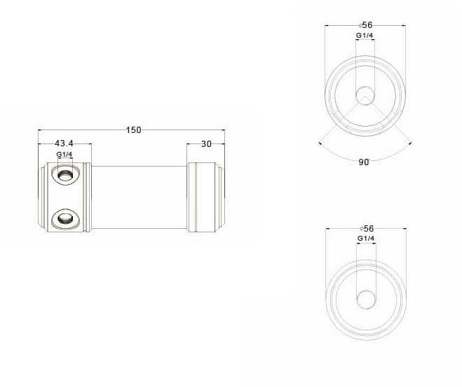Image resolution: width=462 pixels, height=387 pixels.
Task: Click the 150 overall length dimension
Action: point(133,130)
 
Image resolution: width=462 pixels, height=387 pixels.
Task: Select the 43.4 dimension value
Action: point(64,143)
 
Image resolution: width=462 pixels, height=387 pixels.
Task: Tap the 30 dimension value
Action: point(206,144)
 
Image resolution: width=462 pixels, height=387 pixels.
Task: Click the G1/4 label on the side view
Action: point(64,155)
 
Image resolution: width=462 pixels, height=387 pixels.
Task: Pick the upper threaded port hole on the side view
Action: point(65,175)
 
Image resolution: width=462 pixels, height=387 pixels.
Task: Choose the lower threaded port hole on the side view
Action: point(65,218)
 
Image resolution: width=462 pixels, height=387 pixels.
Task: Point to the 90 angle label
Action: point(364,162)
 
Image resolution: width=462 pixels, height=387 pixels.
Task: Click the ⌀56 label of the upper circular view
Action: point(366,25)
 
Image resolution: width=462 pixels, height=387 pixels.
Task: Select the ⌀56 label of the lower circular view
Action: point(367,229)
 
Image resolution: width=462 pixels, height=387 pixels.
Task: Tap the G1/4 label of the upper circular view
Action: point(365,35)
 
